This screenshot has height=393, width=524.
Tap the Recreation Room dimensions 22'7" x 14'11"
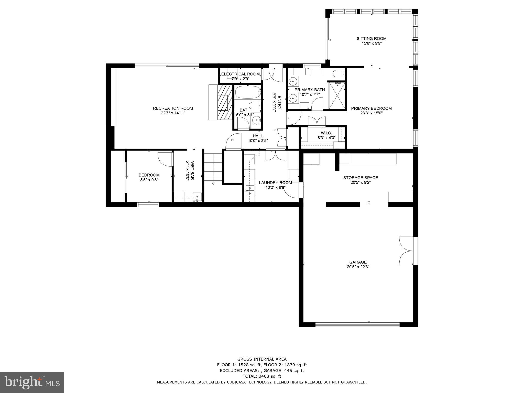coord(173,113)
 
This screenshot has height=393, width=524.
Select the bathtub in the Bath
coord(247,92)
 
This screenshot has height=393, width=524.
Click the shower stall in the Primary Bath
coord(337,95)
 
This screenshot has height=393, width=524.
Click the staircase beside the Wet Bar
coord(213,169)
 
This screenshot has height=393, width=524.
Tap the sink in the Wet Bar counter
coord(197,196)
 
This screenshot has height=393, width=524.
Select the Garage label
coord(358,262)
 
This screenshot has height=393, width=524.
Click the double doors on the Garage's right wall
coord(406,251)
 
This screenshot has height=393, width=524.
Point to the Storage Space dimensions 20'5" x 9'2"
coord(361,182)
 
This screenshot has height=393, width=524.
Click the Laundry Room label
coord(275,183)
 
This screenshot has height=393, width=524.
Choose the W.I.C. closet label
coord(326,133)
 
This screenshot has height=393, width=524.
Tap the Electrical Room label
coord(240,74)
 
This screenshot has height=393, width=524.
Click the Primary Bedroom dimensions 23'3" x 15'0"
coord(371,113)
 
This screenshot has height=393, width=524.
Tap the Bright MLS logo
coord(32,382)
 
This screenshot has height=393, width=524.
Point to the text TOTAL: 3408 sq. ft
coord(262,376)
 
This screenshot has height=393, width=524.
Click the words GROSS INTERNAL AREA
coord(262,359)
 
